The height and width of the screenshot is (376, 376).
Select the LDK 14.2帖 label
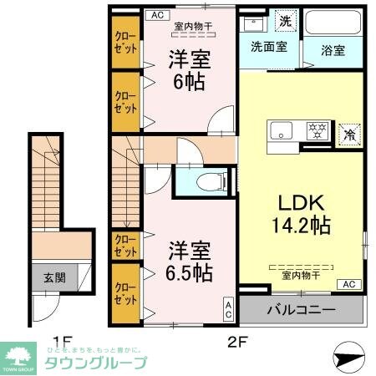299,212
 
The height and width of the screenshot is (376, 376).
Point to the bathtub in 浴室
333,23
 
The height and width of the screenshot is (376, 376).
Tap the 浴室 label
333,49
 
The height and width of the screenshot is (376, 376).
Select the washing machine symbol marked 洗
286,21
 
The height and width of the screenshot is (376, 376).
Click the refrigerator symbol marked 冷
348,132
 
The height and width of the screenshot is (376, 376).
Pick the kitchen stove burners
317,131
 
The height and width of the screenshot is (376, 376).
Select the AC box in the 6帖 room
157,14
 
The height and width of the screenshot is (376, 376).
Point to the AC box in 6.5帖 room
227,309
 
